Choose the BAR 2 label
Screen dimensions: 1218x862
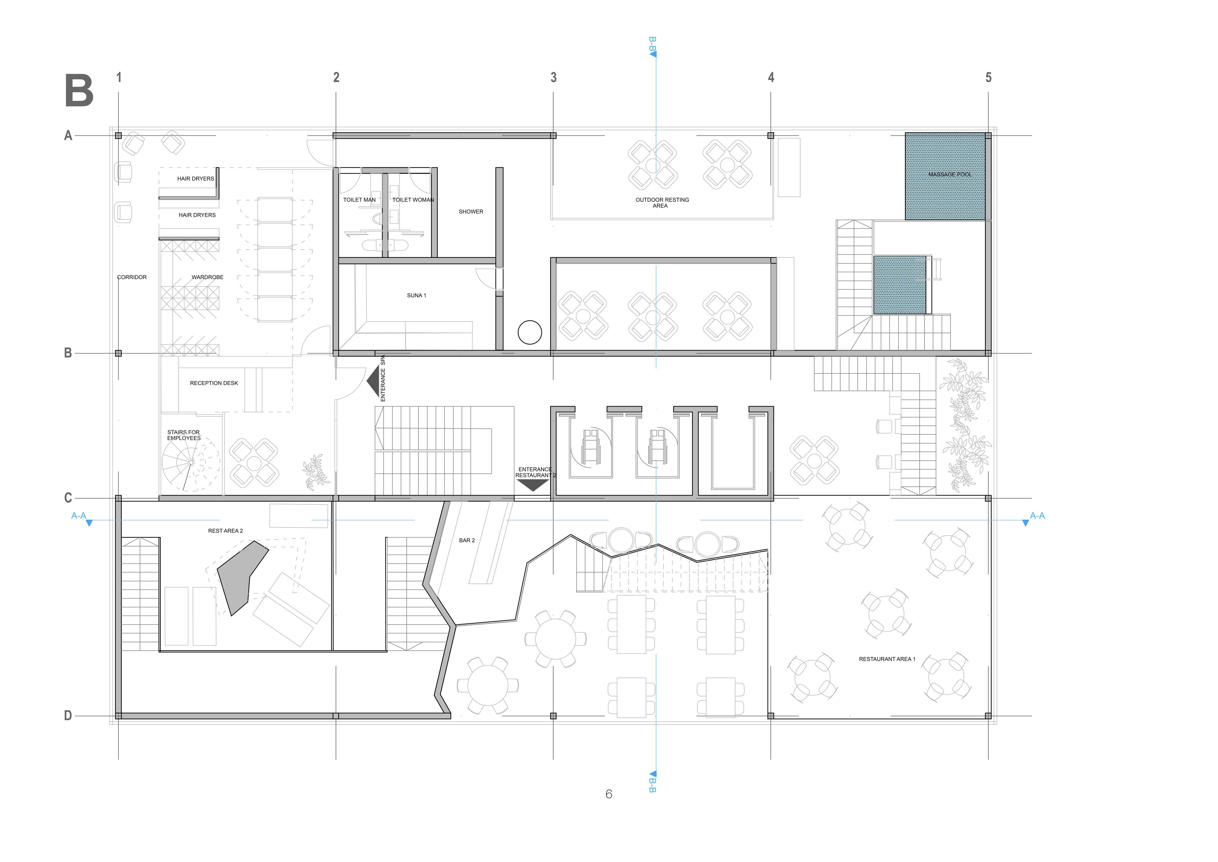point(467,540)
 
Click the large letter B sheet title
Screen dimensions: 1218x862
point(79,91)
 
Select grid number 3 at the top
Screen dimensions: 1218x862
point(553,77)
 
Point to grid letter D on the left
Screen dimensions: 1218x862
point(68,716)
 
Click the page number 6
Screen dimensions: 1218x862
point(608,794)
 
